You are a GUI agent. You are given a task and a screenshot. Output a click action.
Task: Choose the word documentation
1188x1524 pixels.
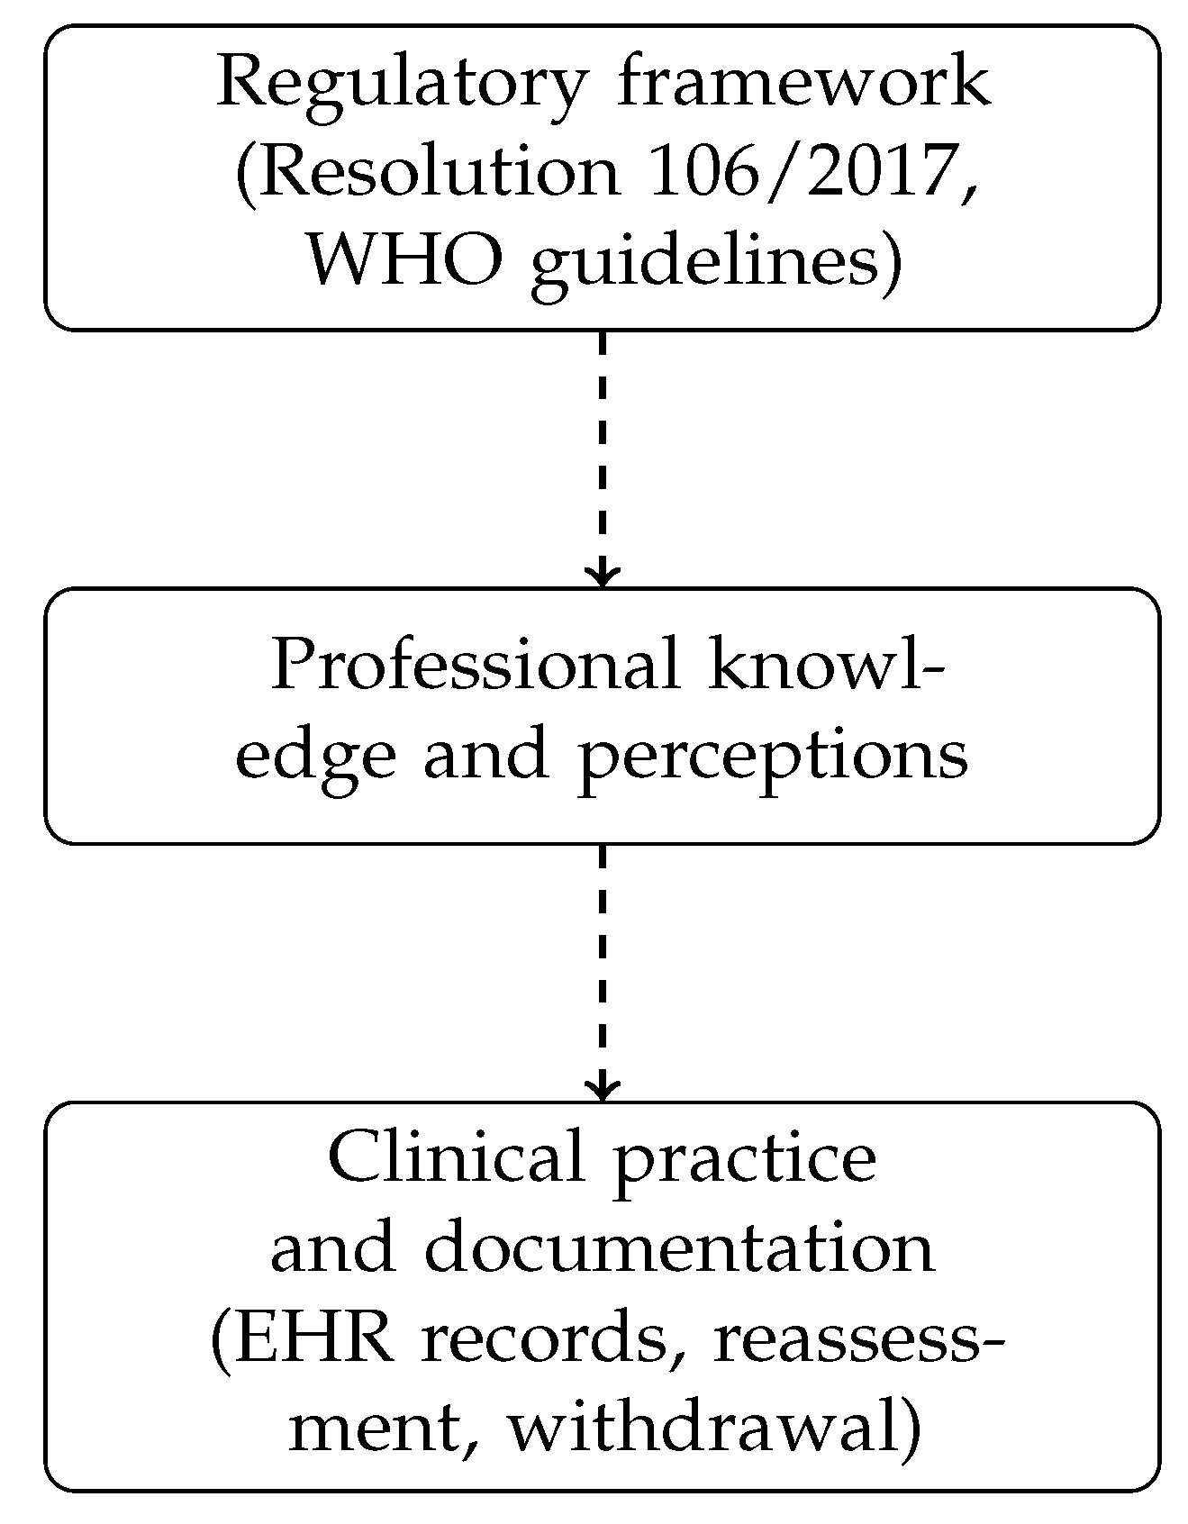click(x=678, y=1248)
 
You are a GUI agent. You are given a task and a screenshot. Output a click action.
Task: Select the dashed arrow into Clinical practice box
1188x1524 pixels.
click(x=602, y=968)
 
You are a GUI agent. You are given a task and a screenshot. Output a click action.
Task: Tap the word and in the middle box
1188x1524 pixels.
click(x=485, y=756)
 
